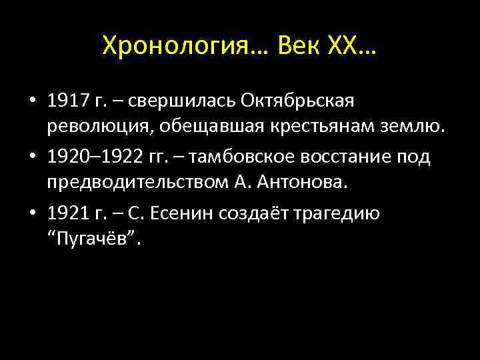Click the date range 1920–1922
click(x=95, y=158)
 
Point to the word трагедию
click(x=336, y=215)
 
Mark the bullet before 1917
click(x=32, y=102)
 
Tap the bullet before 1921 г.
click(x=32, y=215)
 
